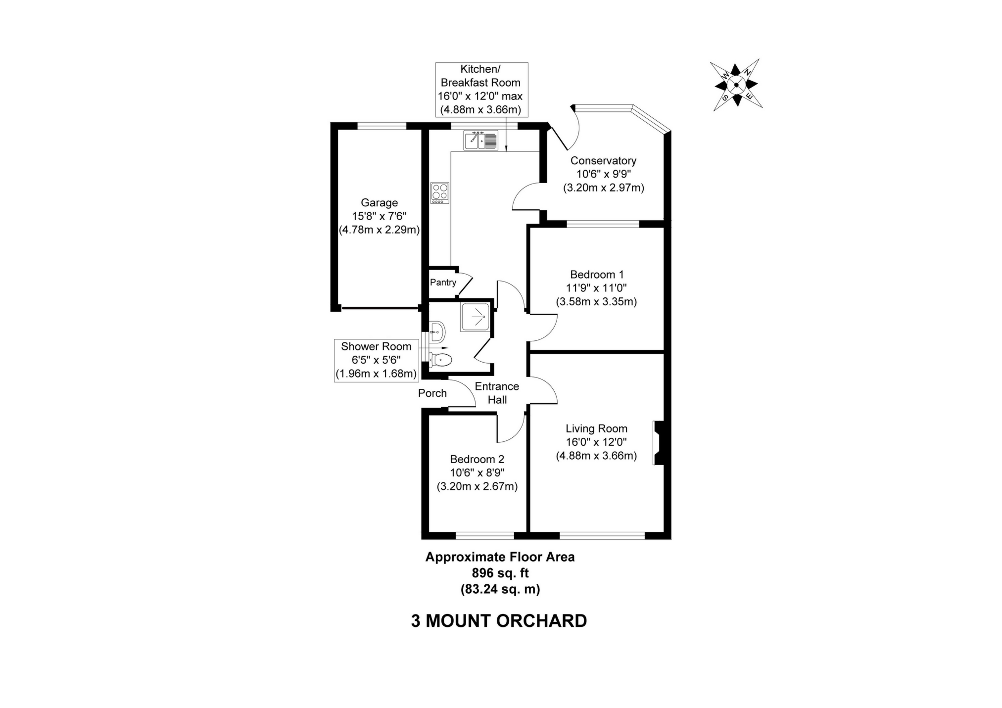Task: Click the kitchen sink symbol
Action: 480,140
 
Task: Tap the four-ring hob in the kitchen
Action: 439,192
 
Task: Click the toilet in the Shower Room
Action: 440,360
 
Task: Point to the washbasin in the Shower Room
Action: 437,330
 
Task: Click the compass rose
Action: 736,85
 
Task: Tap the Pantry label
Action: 442,283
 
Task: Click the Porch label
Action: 432,393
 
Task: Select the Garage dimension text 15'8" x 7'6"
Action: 379,216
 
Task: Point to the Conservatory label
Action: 603,161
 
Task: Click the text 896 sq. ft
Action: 500,573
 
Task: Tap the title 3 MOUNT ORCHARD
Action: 499,621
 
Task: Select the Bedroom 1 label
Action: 596,275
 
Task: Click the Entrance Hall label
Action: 497,393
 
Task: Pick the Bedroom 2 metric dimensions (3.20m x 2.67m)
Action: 477,486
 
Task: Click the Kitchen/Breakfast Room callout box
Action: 481,90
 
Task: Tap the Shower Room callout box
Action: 376,360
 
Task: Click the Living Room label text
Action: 596,428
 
